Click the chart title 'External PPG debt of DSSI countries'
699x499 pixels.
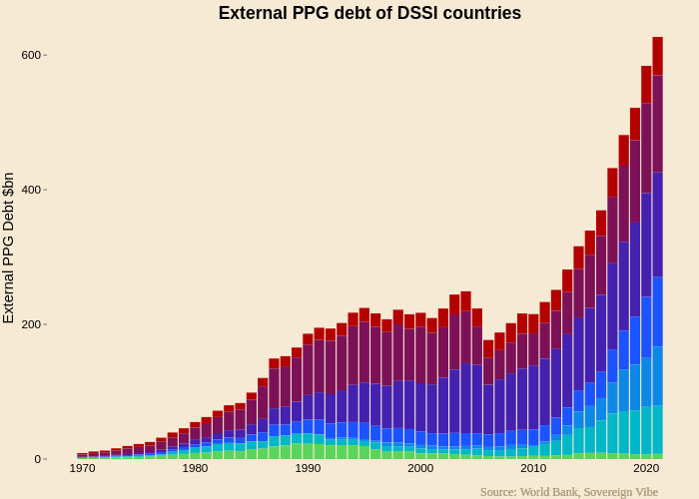(x=369, y=13)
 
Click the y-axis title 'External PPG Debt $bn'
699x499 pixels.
(x=9, y=248)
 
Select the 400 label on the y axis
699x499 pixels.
(x=31, y=190)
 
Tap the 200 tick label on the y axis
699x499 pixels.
(x=31, y=324)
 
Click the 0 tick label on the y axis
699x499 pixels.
(x=37, y=459)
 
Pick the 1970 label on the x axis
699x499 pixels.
(x=83, y=468)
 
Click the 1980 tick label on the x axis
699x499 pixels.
(x=196, y=468)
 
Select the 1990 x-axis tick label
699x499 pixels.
(x=308, y=468)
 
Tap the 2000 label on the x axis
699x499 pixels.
(x=420, y=468)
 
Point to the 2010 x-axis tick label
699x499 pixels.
(x=533, y=468)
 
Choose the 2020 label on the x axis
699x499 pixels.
(x=646, y=468)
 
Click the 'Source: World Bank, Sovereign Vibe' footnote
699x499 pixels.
(x=568, y=491)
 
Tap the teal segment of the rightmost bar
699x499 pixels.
(x=657, y=429)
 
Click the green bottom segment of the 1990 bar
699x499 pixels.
(x=308, y=451)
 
